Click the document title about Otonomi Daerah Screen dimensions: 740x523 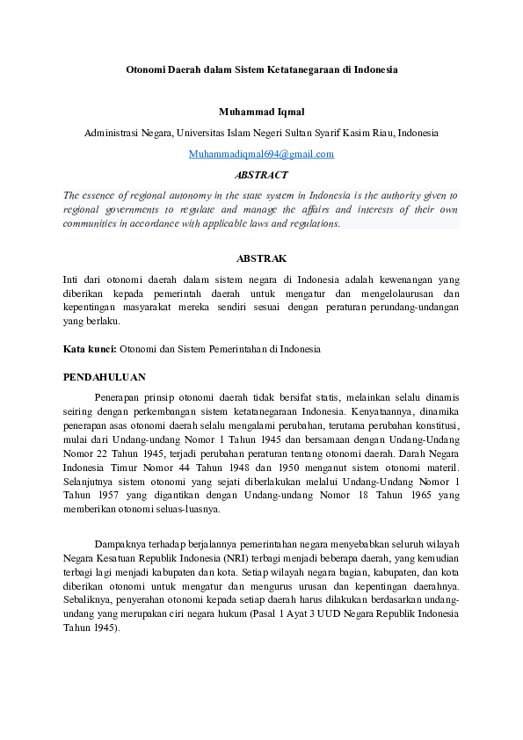point(261,69)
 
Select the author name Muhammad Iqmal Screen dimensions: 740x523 point(261,112)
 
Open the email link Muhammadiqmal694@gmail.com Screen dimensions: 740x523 point(261,154)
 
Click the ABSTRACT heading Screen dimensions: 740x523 point(261,175)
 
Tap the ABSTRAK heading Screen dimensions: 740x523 point(261,258)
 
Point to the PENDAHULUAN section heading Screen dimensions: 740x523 point(104,376)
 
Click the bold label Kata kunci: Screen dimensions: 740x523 point(90,349)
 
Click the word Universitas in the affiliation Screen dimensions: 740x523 point(201,133)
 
